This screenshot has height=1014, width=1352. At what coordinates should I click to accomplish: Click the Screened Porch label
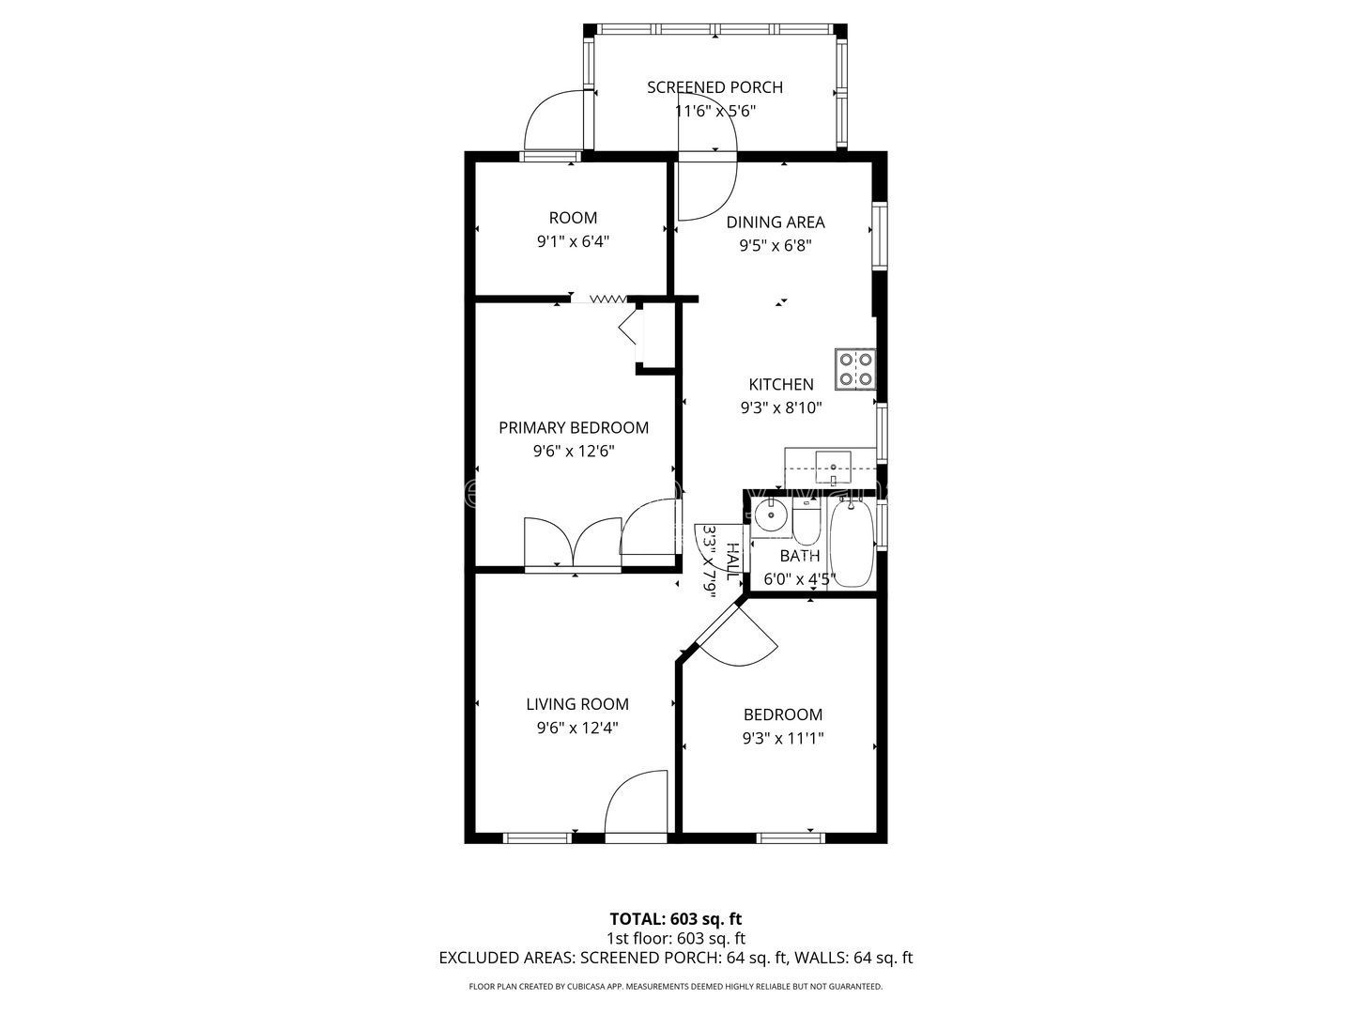point(714,87)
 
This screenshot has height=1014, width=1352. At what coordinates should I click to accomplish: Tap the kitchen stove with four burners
point(855,369)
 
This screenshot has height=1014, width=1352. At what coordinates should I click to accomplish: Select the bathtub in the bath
point(852,544)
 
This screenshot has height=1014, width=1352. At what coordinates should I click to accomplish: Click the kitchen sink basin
point(833,468)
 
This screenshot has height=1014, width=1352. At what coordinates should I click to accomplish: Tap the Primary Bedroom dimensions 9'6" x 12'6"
point(574,452)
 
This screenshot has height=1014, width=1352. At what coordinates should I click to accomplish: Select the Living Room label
point(577,704)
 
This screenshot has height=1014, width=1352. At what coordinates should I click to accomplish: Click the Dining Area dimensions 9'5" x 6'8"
point(776,246)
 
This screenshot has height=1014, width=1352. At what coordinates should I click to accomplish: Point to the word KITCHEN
point(781,384)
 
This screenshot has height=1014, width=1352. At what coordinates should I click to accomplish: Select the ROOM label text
point(573,218)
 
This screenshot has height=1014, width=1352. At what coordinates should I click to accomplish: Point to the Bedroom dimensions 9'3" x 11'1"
point(783,738)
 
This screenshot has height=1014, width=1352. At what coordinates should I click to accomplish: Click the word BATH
point(800,556)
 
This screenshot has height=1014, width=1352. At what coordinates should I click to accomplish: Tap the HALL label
point(733,561)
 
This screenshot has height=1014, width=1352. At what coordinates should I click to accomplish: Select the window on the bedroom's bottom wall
point(791,837)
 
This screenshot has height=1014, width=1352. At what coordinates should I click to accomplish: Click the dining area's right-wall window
point(880,235)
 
